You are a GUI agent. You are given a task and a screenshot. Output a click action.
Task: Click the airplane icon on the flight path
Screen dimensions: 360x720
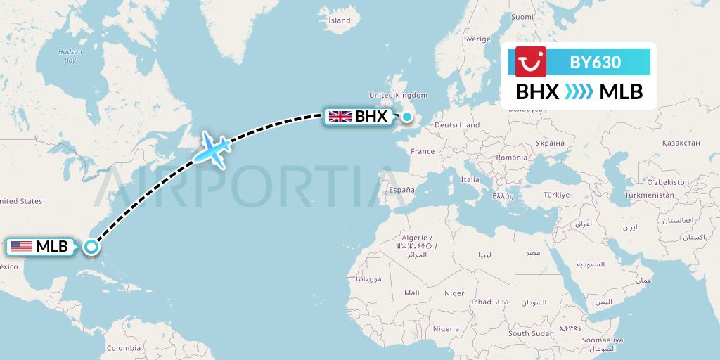click(213, 148)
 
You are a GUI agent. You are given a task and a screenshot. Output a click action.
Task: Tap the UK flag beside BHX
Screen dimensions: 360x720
click(340, 117)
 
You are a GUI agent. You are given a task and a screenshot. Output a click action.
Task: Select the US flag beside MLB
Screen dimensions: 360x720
click(22, 247)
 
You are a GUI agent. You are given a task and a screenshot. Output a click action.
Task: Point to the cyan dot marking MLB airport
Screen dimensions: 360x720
click(91, 247)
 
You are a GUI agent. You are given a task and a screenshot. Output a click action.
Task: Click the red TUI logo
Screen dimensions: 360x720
click(531, 62)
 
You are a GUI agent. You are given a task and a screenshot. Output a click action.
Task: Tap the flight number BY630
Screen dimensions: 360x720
click(595, 62)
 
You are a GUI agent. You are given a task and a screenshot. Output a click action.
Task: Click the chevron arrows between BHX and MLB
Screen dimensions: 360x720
click(579, 91)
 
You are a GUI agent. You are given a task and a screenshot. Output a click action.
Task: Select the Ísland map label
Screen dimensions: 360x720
click(339, 20)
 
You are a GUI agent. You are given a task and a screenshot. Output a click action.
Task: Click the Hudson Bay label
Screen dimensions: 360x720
click(70, 56)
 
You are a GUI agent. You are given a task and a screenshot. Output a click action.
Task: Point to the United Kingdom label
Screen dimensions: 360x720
click(398, 95)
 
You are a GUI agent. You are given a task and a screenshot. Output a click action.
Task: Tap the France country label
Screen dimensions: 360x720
click(423, 151)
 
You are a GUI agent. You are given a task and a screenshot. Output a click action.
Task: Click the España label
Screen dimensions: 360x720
click(402, 190)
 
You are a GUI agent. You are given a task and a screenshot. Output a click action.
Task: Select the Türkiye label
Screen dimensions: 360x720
click(555, 194)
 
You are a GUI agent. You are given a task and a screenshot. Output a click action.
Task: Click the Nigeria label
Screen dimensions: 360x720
click(446, 328)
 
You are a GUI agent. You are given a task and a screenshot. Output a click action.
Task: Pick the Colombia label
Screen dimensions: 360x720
click(123, 348)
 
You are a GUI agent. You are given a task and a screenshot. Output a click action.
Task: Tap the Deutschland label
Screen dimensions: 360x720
click(457, 125)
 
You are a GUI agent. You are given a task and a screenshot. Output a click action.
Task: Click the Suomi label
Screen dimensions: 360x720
click(522, 17)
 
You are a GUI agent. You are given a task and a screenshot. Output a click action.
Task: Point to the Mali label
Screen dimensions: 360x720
click(412, 292)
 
